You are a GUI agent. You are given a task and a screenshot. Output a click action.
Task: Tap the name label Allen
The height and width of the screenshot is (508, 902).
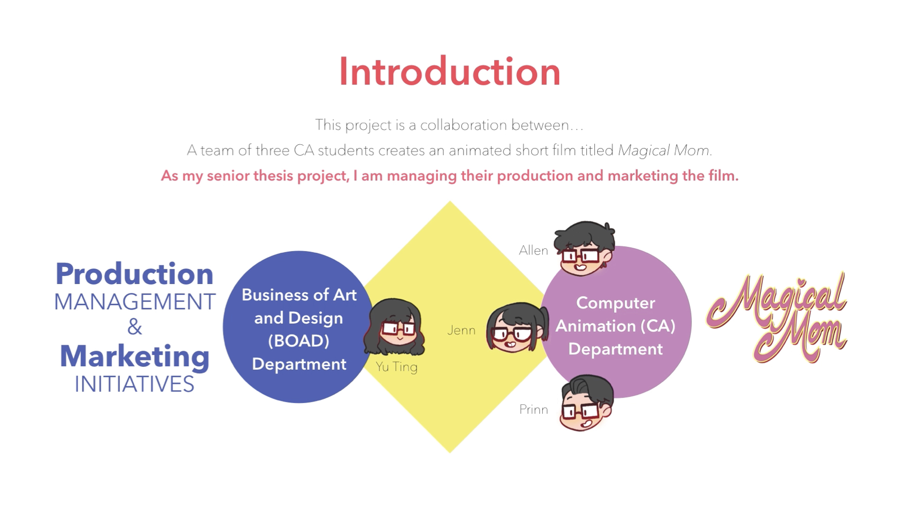533,251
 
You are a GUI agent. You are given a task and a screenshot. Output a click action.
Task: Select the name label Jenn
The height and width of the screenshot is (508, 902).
461,330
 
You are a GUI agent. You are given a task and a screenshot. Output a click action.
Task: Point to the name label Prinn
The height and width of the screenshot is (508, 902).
533,409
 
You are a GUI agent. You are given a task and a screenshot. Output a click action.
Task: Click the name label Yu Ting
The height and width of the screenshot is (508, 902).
396,367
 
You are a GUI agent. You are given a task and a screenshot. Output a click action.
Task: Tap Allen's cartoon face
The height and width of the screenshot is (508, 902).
584,248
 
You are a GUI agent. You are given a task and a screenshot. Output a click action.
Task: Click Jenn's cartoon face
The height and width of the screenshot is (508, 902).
517,327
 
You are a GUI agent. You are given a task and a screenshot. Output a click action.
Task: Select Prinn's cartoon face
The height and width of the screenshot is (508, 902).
586,403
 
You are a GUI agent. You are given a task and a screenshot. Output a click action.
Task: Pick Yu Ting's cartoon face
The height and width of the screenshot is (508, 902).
395,327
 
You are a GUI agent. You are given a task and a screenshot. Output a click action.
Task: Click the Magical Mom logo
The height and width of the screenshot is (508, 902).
777,317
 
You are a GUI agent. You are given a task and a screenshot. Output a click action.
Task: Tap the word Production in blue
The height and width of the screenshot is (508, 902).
134,274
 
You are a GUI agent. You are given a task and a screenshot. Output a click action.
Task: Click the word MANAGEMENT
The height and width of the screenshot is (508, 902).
135,302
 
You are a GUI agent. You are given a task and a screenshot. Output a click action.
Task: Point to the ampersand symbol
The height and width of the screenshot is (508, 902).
135,327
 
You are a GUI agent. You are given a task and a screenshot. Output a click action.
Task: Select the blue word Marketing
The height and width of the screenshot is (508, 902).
135,357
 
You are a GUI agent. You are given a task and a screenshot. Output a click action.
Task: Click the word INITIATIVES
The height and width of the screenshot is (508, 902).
134,385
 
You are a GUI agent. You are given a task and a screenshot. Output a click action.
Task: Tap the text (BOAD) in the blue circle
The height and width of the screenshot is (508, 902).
298,341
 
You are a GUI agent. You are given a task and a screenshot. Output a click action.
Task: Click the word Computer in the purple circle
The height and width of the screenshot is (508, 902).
616,303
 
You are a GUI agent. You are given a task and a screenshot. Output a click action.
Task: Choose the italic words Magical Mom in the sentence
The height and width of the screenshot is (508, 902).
664,150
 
